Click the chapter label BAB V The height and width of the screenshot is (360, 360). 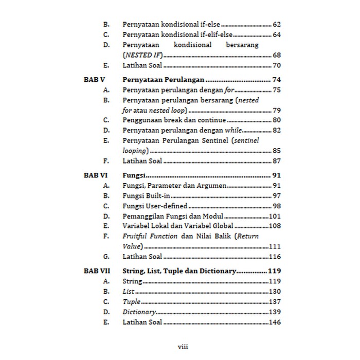pyautogui.click(x=94, y=80)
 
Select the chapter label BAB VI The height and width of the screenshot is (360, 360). pyautogui.click(x=95, y=175)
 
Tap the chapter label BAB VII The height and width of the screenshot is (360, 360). pyautogui.click(x=96, y=271)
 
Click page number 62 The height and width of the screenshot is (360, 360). pyautogui.click(x=276, y=24)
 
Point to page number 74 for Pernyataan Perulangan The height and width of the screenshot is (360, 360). pyautogui.click(x=276, y=80)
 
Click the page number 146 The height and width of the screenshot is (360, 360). pyautogui.click(x=275, y=322)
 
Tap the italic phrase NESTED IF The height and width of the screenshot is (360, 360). pyautogui.click(x=143, y=55)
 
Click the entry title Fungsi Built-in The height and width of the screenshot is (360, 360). pyautogui.click(x=146, y=196)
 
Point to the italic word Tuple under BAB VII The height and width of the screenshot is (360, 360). pyautogui.click(x=131, y=302)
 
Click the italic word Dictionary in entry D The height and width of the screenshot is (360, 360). pyautogui.click(x=139, y=312)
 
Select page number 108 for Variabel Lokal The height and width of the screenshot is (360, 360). pyautogui.click(x=275, y=226)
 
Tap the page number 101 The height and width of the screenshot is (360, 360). pyautogui.click(x=275, y=216)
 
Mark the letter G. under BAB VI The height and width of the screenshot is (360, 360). pyautogui.click(x=106, y=256)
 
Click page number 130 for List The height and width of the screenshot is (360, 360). pyautogui.click(x=275, y=292)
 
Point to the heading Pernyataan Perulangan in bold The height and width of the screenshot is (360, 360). pyautogui.click(x=164, y=80)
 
